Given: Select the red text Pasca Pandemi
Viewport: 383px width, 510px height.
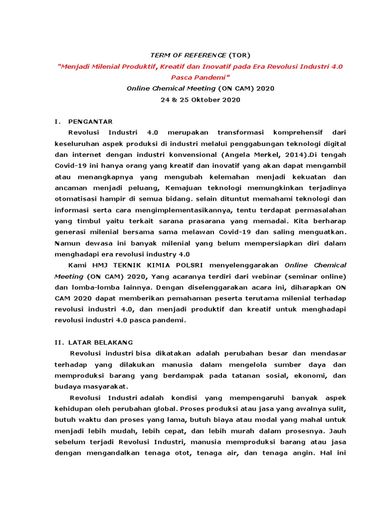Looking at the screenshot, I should (199, 78).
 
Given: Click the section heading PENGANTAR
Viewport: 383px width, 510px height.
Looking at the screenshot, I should (90, 122).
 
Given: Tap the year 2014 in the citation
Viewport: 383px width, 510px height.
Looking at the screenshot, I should (293, 154).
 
